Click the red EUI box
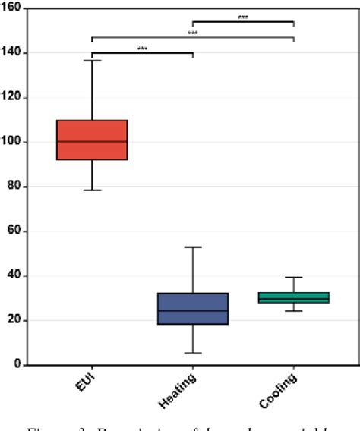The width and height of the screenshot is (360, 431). point(92,140)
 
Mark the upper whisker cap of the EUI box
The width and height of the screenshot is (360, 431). point(92,60)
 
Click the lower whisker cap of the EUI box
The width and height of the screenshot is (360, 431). point(92,190)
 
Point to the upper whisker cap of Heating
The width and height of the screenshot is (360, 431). point(193,247)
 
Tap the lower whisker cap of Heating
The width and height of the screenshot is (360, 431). point(193,353)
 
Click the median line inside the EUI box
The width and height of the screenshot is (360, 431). point(92,141)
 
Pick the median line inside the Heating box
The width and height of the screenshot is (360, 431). point(193,310)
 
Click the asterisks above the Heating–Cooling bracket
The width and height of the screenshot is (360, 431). point(243,17)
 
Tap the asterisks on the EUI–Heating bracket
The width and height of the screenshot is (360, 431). point(142,49)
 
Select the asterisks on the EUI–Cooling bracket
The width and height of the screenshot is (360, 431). point(193,33)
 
